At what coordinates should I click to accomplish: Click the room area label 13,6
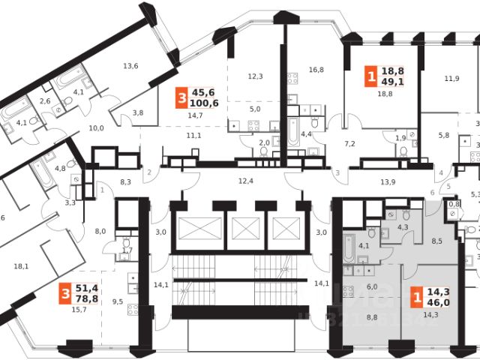click(130, 66)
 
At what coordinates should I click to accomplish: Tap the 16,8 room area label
click(315, 70)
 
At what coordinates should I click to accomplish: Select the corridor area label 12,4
click(246, 181)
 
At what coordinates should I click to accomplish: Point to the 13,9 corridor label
click(387, 182)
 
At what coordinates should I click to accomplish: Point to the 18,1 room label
click(21, 265)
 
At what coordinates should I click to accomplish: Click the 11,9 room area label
click(451, 78)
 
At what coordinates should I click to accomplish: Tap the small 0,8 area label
click(453, 203)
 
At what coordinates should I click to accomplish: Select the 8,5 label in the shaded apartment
click(438, 241)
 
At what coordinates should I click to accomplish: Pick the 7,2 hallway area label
click(349, 142)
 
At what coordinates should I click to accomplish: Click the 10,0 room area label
click(96, 128)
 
